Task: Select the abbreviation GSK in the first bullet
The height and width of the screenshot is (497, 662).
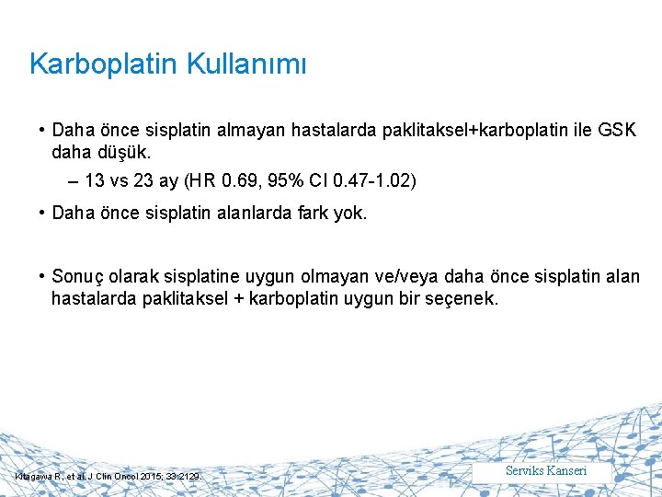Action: point(616,131)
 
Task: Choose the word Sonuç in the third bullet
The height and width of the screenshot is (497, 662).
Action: point(77,277)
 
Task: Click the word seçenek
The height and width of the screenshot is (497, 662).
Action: point(462,298)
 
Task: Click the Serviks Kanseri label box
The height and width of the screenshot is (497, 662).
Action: point(546,471)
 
